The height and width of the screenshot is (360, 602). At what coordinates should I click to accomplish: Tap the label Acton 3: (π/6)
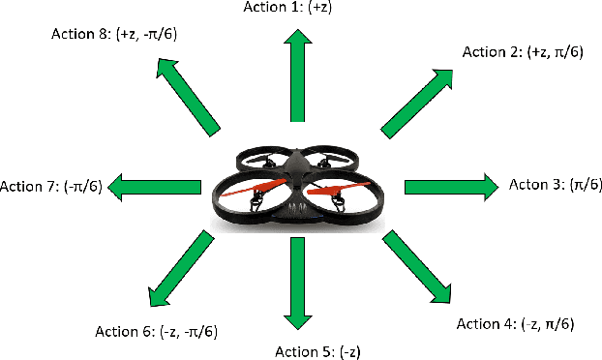pyautogui.click(x=555, y=185)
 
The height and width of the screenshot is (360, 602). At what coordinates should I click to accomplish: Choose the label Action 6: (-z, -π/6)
pyautogui.click(x=156, y=332)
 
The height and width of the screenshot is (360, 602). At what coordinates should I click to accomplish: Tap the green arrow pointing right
pyautogui.click(x=448, y=185)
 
